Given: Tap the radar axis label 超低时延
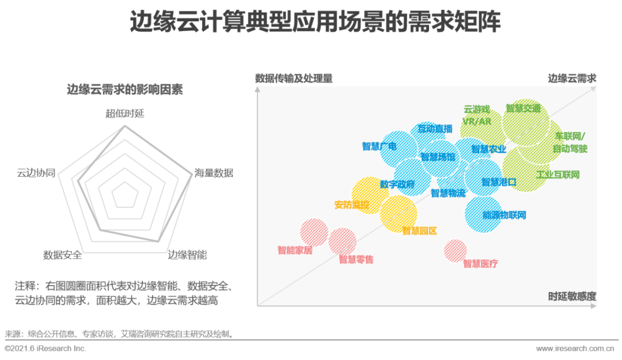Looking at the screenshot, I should (x=124, y=113).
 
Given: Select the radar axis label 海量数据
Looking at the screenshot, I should (x=214, y=173).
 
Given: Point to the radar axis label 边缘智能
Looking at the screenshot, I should (x=187, y=255).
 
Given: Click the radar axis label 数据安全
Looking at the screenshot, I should (x=62, y=255).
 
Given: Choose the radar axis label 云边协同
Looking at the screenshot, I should (x=36, y=173).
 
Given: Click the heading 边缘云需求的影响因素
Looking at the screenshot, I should (x=125, y=89).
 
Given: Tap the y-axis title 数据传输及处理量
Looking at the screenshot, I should (x=294, y=78).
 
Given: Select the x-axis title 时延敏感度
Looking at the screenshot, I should (x=572, y=297).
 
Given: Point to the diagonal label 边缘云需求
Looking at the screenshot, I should (x=572, y=78).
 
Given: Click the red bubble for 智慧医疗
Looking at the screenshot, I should (x=456, y=250).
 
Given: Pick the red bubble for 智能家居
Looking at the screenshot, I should (x=314, y=232).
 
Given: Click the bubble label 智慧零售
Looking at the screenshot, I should (x=356, y=260).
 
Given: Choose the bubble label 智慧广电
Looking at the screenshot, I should (x=379, y=146).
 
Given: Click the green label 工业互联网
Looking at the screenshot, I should (x=557, y=175).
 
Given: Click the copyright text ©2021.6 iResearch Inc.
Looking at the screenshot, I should (x=45, y=348).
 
